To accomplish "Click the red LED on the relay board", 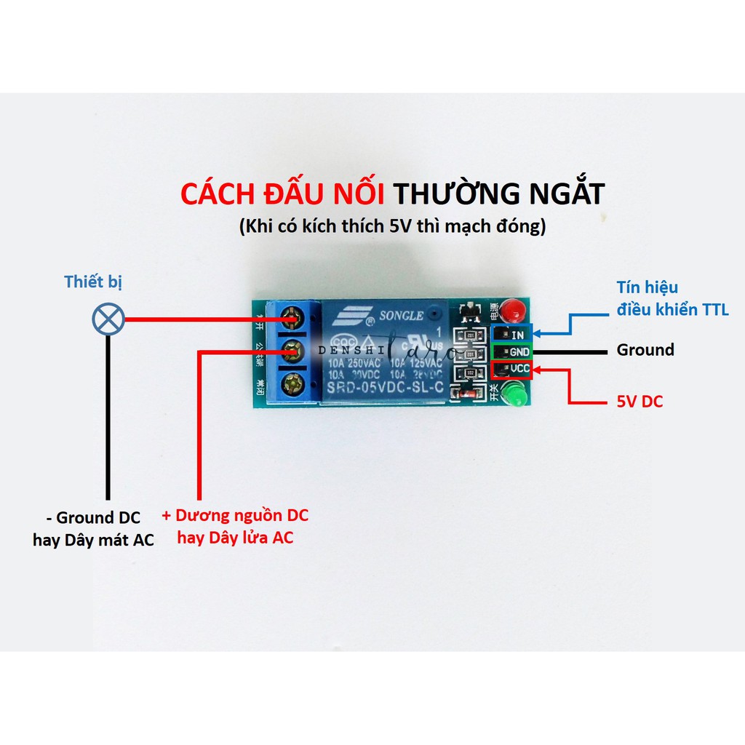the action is point(514,310).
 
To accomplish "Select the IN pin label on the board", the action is point(517,335).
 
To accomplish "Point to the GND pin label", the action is point(517,351).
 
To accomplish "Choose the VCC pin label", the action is point(519,369).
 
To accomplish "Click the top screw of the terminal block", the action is point(292,317).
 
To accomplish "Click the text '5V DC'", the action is point(640,401).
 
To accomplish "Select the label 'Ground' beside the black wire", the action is point(645,350).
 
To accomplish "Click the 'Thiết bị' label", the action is point(94,282).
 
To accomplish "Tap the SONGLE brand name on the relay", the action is point(399,315).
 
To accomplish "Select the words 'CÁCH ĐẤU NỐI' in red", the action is point(284,195).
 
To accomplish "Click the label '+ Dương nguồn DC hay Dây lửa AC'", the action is point(235,527).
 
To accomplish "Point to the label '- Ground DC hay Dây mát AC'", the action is point(93,529).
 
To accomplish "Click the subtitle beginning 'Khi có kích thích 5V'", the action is point(392,226).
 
